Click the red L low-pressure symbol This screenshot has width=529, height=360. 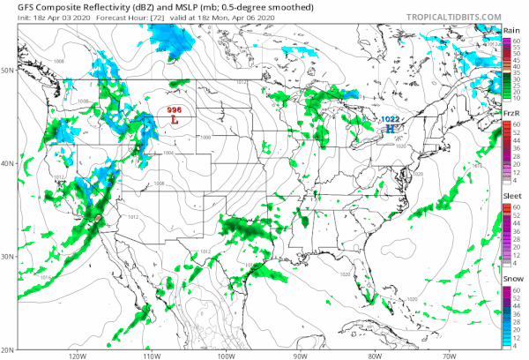click(175, 118)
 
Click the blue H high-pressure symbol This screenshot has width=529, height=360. click(389, 128)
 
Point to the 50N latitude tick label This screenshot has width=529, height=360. click(7, 70)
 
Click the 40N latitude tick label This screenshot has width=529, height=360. click(7, 163)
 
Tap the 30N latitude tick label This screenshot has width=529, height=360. click(7, 257)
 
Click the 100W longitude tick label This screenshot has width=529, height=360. click(225, 356)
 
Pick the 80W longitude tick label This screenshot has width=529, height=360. click(374, 356)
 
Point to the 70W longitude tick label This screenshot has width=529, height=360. click(449, 356)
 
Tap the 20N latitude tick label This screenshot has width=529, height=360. click(7, 349)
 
